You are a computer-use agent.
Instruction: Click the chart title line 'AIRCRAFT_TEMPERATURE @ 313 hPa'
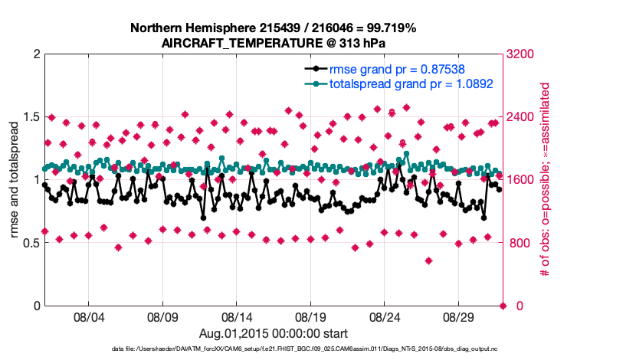[x=274, y=43]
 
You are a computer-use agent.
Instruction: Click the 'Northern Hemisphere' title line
[x=274, y=28]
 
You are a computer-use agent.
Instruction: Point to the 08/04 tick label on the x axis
[x=88, y=316]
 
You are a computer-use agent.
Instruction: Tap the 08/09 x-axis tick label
[x=162, y=316]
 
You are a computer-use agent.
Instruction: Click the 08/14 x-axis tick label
[x=237, y=316]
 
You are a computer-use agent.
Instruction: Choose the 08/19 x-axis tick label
[x=311, y=316]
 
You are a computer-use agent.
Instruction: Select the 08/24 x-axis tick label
[x=385, y=316]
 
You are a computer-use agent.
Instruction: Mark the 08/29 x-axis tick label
[x=459, y=316]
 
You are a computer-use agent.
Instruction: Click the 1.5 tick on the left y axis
[x=30, y=117]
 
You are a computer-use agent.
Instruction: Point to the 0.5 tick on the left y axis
[x=30, y=244]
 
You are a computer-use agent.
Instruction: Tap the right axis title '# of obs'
[x=545, y=180]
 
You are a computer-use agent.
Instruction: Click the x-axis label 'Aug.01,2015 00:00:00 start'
[x=274, y=333]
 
